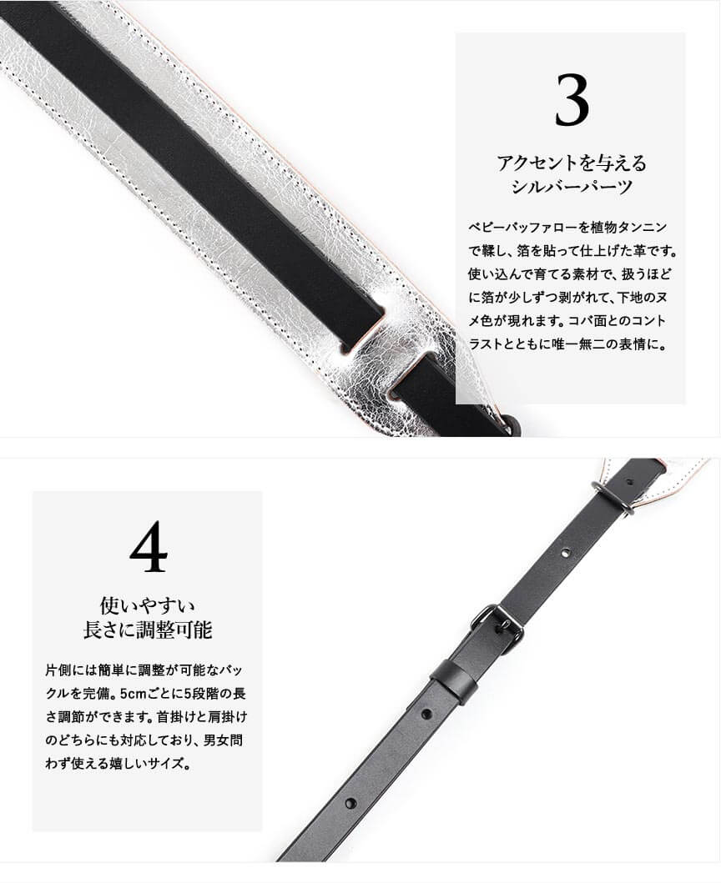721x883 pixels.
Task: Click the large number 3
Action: tap(572, 100)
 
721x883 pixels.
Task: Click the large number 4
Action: tap(149, 547)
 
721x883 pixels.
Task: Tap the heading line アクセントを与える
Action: tap(572, 163)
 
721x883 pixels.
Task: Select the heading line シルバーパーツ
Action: tap(572, 187)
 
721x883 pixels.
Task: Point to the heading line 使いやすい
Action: tap(148, 606)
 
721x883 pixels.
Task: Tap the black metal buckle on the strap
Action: tap(497, 630)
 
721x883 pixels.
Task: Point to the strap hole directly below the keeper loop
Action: tap(426, 714)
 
